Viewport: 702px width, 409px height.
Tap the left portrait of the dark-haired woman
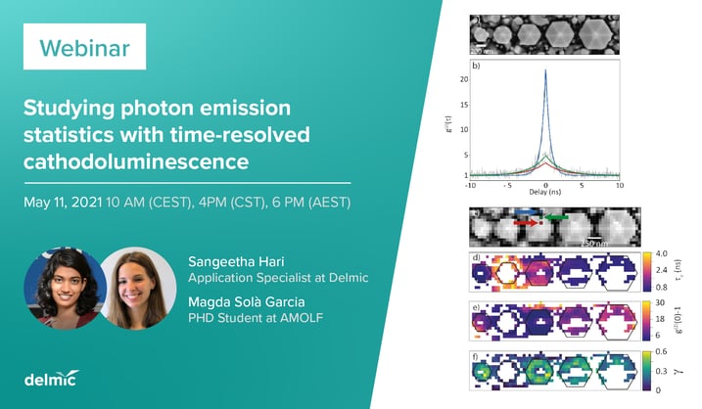(x=63, y=289)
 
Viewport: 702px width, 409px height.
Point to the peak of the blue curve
(x=545, y=71)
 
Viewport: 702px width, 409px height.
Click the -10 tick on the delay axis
(x=470, y=184)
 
